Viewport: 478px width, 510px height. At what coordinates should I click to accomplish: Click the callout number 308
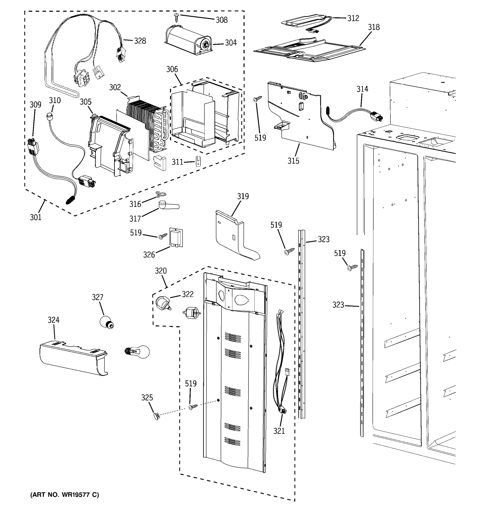[x=222, y=20]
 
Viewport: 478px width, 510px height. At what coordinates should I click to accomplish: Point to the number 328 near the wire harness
[x=140, y=41]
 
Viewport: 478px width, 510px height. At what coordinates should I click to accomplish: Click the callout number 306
[x=172, y=69]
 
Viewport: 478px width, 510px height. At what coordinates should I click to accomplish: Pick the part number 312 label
[x=353, y=18]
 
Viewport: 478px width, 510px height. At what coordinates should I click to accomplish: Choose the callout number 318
[x=374, y=27]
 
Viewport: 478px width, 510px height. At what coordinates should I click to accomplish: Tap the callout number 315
[x=293, y=161]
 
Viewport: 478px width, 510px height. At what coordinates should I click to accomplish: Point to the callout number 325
[x=147, y=398]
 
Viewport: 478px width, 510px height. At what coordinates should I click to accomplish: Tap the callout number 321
[x=279, y=431]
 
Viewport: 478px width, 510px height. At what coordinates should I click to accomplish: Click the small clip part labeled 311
[x=198, y=161]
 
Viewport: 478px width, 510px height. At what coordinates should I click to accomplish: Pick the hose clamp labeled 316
[x=161, y=194]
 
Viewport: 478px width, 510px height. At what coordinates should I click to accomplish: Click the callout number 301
[x=35, y=218]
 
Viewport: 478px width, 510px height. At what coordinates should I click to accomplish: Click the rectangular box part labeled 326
[x=176, y=238]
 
